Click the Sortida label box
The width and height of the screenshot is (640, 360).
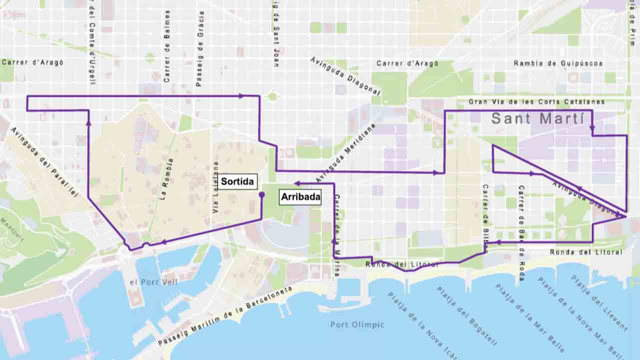(237, 181)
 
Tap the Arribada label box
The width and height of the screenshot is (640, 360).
(300, 197)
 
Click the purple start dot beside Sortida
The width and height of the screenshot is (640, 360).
(261, 194)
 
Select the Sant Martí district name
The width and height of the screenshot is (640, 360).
(537, 118)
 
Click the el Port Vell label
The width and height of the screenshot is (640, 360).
(153, 282)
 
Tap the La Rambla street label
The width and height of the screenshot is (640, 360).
(167, 179)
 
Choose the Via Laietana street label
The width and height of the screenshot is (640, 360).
(216, 187)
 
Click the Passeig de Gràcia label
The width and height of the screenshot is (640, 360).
(200, 48)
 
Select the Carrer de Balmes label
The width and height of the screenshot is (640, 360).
(167, 46)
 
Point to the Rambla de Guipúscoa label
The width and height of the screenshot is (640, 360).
(558, 63)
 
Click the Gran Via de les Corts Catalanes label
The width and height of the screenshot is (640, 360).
(536, 101)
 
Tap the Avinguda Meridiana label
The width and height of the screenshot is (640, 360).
(345, 152)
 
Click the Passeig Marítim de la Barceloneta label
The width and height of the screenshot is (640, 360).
(225, 316)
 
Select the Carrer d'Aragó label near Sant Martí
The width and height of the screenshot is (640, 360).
(407, 63)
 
